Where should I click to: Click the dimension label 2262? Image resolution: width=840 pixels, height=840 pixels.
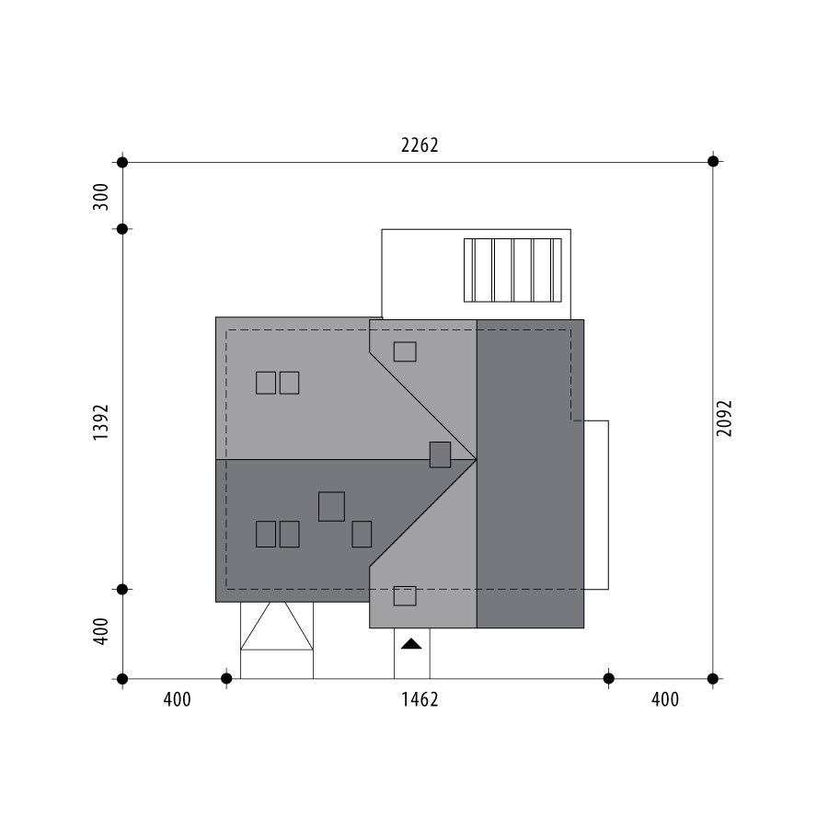[420, 145]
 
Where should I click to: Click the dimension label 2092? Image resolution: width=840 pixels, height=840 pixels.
[724, 419]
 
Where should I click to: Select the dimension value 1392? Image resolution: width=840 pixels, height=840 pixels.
[100, 422]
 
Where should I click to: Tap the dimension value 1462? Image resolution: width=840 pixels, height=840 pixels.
[420, 699]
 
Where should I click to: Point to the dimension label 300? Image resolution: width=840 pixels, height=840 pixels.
[100, 197]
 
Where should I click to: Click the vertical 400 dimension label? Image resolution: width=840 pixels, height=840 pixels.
[100, 631]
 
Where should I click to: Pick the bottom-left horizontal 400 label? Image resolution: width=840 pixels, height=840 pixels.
[177, 699]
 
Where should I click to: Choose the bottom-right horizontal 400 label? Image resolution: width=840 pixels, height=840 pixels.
[665, 699]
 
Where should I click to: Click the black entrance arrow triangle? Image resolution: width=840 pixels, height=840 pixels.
[411, 643]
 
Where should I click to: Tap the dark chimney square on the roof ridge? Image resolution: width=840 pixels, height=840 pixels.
[440, 455]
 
